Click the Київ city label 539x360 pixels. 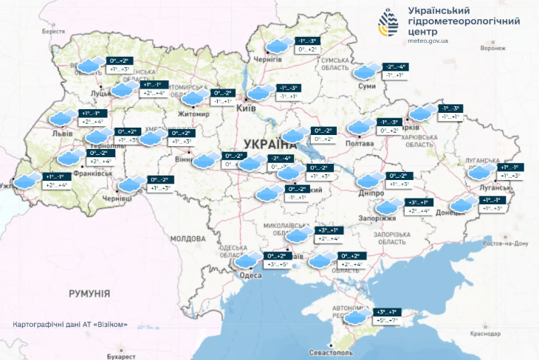[245, 108]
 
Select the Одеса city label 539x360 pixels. [251, 275]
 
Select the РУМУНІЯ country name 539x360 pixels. [89, 294]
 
